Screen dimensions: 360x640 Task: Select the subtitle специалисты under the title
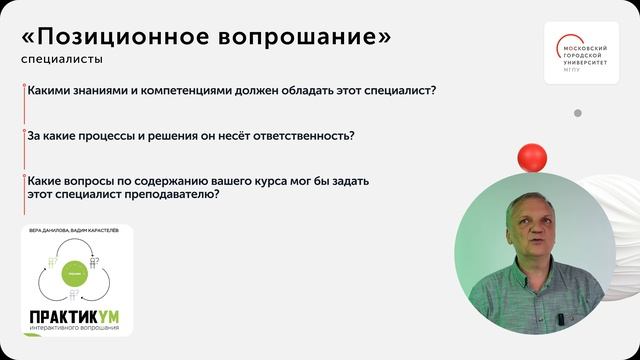click(x=52, y=60)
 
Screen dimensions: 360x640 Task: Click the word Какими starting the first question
click(x=50, y=91)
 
